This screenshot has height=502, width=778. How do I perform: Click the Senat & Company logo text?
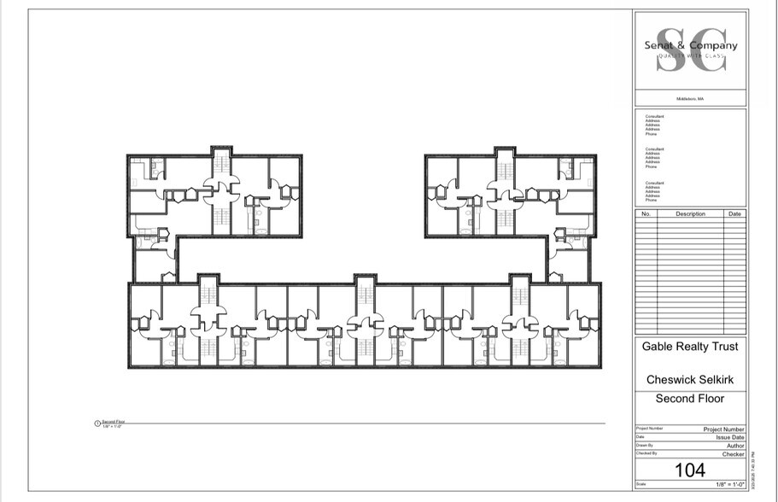pos(690,46)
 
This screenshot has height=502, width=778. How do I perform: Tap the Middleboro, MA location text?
pos(690,99)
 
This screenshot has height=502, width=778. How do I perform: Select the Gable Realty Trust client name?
pos(690,347)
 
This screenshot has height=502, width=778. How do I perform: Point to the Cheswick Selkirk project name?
pos(690,378)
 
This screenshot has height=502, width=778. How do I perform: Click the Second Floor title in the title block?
pos(690,399)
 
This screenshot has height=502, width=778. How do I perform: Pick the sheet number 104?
pos(690,470)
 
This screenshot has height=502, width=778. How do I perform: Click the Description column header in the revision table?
pos(690,213)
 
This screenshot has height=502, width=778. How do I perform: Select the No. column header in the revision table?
pos(646,213)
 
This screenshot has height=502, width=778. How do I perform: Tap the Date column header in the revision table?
pos(735,213)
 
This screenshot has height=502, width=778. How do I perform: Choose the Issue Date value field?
pos(729,437)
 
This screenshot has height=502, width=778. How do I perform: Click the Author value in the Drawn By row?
pos(735,446)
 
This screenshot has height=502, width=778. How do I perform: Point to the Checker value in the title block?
pos(734,454)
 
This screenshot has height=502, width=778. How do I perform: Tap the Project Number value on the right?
pos(724,429)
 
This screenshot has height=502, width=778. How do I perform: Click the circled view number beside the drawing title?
pos(97,423)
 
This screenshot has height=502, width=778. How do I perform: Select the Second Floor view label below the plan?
pos(114,422)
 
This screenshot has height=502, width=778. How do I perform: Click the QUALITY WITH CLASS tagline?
pos(690,55)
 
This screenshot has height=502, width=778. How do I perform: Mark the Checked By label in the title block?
pos(646,453)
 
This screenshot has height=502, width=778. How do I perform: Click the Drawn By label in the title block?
pos(644,445)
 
